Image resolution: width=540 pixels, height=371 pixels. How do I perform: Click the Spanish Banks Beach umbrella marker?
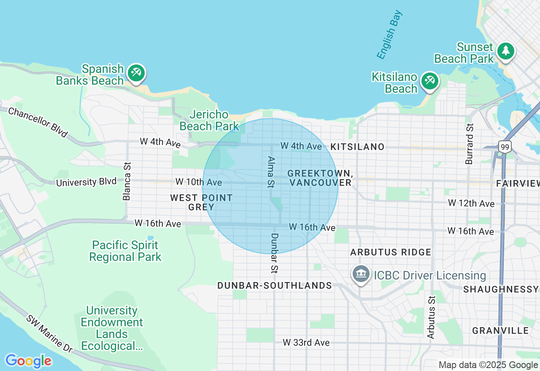click(x=136, y=73)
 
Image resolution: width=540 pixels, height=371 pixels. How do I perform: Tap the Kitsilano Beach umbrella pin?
click(x=429, y=80)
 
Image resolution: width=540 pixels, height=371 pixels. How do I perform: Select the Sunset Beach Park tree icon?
click(x=505, y=51)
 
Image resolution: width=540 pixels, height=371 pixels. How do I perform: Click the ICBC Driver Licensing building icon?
click(x=361, y=274)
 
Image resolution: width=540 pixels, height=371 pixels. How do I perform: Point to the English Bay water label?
click(x=389, y=35)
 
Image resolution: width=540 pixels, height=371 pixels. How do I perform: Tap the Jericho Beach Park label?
click(x=209, y=120)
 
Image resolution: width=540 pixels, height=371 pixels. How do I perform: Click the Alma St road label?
click(x=270, y=172)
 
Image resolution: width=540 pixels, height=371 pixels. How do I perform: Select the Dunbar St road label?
click(x=274, y=253)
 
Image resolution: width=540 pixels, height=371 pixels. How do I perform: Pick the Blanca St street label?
click(x=127, y=181)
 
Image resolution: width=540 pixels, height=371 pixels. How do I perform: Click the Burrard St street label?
click(x=470, y=144)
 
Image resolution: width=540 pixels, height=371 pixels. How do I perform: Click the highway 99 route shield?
click(x=504, y=147)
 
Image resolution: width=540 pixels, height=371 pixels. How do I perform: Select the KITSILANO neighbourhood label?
click(x=357, y=147)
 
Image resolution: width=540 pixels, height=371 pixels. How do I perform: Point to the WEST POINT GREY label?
click(x=202, y=202)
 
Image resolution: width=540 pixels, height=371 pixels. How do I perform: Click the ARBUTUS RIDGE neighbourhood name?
click(x=391, y=252)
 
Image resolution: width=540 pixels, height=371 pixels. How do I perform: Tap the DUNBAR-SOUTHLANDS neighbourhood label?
click(x=275, y=285)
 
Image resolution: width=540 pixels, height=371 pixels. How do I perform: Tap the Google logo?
click(x=28, y=361)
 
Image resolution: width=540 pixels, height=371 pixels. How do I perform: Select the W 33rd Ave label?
click(x=306, y=342)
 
